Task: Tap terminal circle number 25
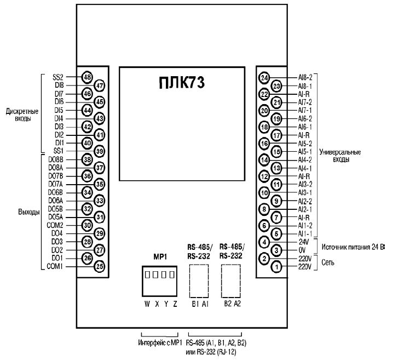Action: tap(100, 266)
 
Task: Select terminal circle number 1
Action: tap(277, 266)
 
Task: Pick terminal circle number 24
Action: tap(264, 77)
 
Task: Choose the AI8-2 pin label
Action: tap(305, 77)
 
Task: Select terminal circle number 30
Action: tap(87, 225)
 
